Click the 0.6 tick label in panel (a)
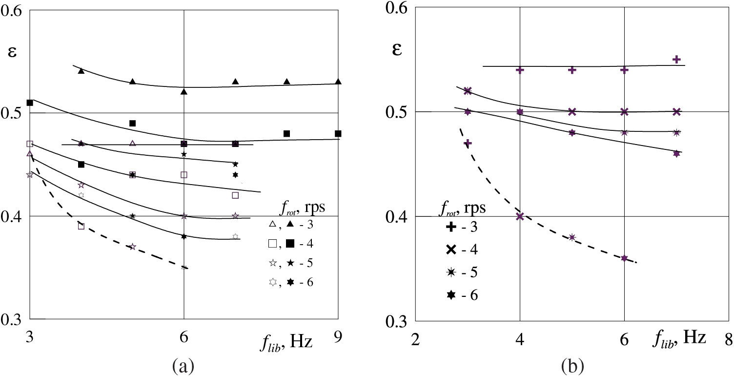click(13, 11)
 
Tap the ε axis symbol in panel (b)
click(397, 49)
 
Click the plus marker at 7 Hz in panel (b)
click(676, 59)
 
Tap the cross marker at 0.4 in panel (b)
click(520, 216)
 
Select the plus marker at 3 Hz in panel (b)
click(468, 143)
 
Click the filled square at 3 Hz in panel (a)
click(30, 103)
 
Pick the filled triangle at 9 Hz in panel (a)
click(338, 82)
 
